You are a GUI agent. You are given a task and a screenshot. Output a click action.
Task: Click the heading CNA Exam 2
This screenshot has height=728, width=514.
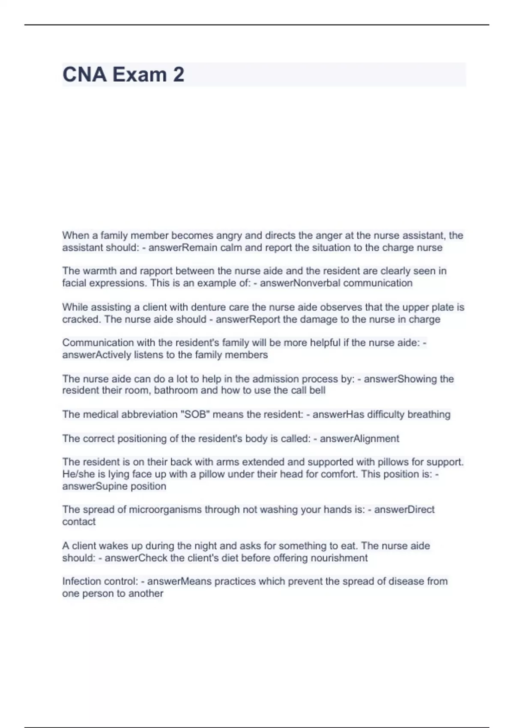tap(123, 75)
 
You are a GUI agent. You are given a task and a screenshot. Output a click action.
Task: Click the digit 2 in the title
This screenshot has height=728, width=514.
tap(179, 75)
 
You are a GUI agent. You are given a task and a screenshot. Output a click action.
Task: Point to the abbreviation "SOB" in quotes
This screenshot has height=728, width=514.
tap(195, 415)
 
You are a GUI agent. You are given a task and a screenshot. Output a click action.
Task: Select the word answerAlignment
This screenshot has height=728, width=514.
tap(359, 439)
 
